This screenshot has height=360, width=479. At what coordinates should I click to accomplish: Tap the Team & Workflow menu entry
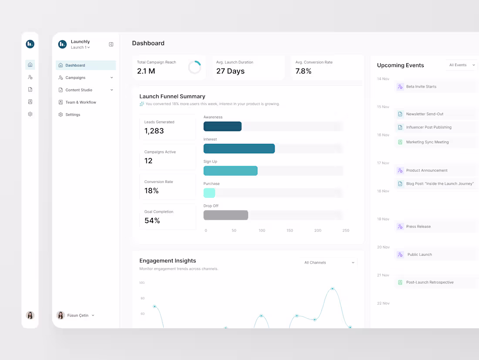[x=81, y=102]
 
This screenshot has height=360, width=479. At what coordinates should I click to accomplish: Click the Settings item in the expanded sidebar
[x=73, y=115]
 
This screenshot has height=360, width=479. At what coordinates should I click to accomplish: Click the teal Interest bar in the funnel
[x=239, y=149]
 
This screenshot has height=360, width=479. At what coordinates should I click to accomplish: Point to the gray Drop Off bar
[x=226, y=215]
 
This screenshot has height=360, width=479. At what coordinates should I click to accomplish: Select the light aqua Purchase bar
[x=209, y=193]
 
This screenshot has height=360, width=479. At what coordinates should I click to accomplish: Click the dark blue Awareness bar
[x=223, y=126]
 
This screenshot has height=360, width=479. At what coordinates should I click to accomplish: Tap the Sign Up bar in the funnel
[x=230, y=171]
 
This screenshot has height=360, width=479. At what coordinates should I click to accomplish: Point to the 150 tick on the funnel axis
[x=290, y=231]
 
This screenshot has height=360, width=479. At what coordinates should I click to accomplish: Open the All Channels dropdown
[x=328, y=262]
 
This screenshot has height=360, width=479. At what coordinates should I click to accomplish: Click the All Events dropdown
[x=461, y=65]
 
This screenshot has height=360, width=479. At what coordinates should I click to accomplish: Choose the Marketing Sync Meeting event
[x=427, y=142]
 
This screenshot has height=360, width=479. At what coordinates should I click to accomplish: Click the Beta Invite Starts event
[x=421, y=87]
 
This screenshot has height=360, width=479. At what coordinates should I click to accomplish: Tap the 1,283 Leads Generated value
[x=154, y=131]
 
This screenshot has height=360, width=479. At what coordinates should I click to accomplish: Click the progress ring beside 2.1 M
[x=195, y=67]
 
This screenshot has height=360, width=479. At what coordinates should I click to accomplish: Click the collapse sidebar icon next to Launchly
[x=111, y=44]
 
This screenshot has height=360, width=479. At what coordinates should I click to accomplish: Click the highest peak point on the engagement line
[x=332, y=289]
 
